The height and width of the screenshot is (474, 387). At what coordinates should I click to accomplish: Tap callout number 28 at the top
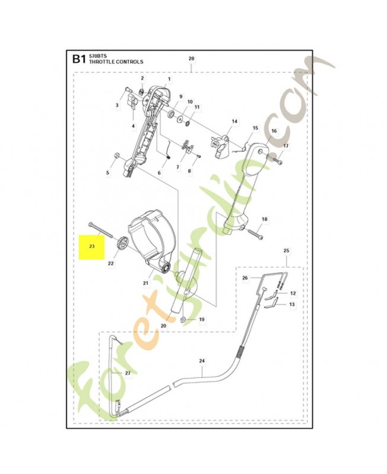(x=191, y=59)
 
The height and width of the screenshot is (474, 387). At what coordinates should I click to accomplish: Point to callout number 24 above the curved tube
(x=202, y=361)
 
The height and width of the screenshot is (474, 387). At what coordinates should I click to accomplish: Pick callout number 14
(x=234, y=121)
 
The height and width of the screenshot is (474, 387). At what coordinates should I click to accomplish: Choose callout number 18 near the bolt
(x=265, y=219)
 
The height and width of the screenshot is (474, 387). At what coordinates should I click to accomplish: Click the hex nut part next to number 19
(x=184, y=321)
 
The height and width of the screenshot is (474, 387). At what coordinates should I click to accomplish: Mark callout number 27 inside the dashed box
(x=126, y=373)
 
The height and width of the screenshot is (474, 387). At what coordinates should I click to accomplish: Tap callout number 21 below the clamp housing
(x=145, y=283)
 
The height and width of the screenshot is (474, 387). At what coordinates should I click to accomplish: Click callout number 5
(x=107, y=172)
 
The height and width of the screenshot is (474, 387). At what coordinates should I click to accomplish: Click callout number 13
(x=292, y=304)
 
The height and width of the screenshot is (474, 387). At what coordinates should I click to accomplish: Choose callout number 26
(x=245, y=277)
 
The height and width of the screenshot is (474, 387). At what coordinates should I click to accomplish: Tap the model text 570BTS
(x=98, y=55)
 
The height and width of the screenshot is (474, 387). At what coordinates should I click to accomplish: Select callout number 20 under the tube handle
(x=164, y=326)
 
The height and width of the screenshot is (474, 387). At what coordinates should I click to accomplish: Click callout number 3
(x=117, y=105)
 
